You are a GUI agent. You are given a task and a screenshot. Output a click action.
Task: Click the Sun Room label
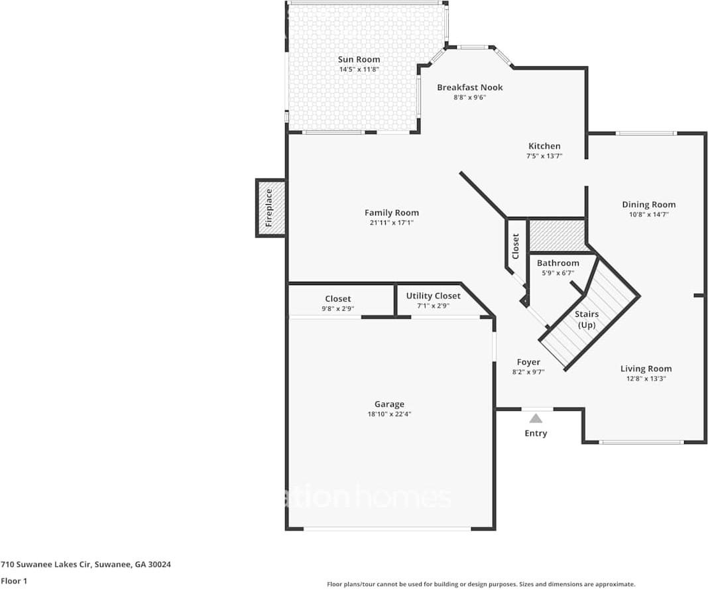click(x=359, y=60)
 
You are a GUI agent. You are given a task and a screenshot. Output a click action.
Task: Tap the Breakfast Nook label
click(x=469, y=88)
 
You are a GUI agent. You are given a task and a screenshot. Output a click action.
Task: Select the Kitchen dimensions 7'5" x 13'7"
click(x=544, y=156)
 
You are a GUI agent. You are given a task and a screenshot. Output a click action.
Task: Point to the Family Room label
click(x=391, y=213)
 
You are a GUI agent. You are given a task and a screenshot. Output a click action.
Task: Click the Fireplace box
click(x=270, y=208)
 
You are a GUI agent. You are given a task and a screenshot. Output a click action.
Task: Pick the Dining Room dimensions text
click(x=648, y=215)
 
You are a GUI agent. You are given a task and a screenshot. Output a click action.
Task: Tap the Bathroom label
click(x=558, y=263)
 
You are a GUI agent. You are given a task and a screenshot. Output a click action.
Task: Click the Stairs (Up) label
click(x=587, y=320)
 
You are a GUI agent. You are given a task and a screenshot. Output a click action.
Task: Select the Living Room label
click(x=646, y=369)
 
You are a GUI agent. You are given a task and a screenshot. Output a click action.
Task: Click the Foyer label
click(x=528, y=362)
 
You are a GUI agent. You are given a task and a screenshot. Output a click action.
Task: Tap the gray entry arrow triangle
click(x=536, y=418)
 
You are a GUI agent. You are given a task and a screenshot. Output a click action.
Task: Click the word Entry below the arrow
click(x=536, y=434)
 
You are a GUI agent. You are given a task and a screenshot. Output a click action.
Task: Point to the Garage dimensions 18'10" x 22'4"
click(x=389, y=414)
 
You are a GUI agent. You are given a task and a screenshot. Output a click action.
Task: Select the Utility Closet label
click(x=433, y=296)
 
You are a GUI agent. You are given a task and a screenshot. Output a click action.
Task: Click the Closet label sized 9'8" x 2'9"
click(x=337, y=299)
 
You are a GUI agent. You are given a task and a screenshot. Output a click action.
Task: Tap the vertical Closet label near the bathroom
click(x=516, y=246)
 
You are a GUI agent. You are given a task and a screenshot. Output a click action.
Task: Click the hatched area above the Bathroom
click(x=557, y=235)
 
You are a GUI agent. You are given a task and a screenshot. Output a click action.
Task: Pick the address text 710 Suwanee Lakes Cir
click(x=86, y=565)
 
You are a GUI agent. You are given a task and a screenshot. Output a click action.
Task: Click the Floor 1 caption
click(x=14, y=581)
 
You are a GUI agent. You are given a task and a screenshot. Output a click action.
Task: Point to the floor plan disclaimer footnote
click(x=481, y=584)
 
